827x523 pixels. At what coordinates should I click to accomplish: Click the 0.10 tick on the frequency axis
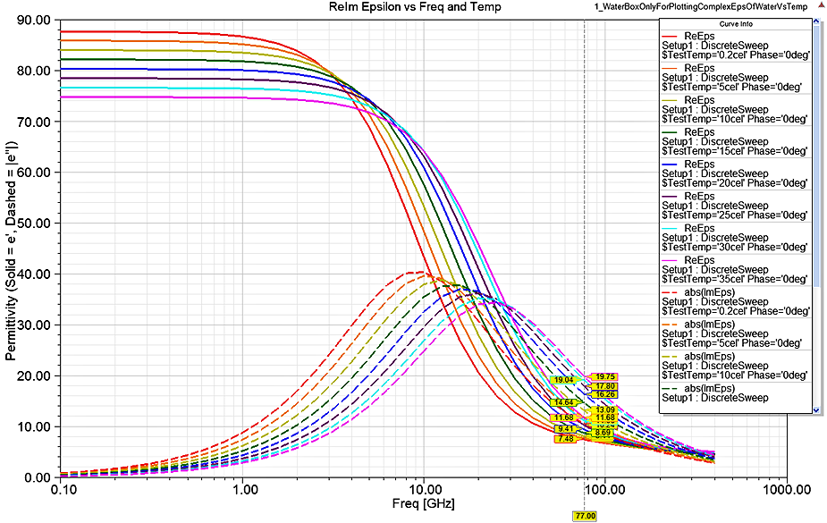(62, 490)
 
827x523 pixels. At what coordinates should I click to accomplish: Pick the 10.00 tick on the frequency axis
(423, 490)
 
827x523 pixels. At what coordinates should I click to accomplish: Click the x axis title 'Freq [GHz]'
(425, 503)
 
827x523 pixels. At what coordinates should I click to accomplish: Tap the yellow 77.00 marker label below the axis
(585, 516)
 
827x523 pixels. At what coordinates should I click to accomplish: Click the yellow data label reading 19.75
(605, 376)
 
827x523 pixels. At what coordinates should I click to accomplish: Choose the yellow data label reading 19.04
(563, 380)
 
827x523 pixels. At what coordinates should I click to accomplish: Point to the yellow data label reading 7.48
(564, 439)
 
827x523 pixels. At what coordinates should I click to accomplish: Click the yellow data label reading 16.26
(605, 394)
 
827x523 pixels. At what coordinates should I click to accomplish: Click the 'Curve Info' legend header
(738, 23)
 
